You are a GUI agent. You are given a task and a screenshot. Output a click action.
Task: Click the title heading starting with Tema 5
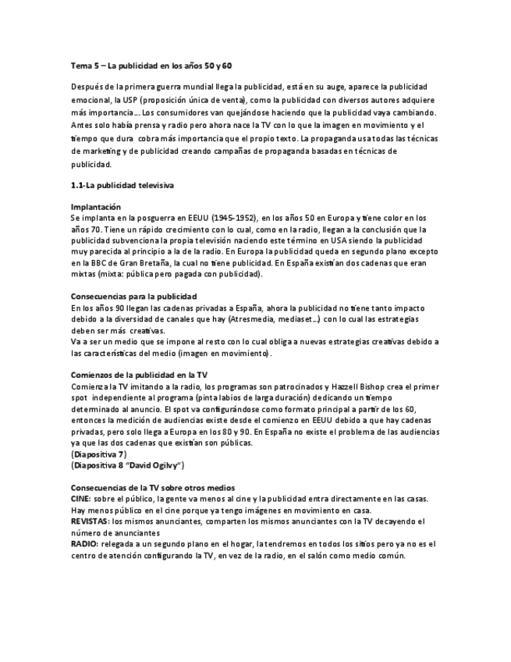pos(134,66)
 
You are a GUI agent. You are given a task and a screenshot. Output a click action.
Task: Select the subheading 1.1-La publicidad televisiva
pos(122,185)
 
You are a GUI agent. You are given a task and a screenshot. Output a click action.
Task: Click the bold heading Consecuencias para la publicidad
pos(133,297)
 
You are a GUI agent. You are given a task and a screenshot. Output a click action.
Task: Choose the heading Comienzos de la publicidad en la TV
pos(139,375)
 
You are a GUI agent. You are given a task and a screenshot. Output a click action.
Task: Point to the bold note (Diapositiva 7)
pos(99,454)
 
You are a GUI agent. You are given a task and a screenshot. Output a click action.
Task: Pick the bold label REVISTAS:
pos(90,521)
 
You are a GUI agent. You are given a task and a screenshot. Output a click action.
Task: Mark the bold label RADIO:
pos(84,544)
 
